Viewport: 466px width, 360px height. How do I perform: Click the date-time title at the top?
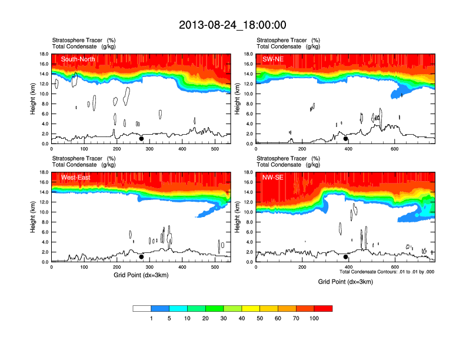tap(232, 25)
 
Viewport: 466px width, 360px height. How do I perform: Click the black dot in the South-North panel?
tap(141, 139)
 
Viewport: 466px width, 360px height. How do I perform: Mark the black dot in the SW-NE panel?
tap(346, 139)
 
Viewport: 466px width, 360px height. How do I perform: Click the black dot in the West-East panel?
tap(141, 257)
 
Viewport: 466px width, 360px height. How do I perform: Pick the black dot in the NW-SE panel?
tap(346, 257)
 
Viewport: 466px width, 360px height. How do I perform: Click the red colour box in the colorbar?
tap(323, 308)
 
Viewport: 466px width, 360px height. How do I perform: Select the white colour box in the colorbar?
tap(142, 308)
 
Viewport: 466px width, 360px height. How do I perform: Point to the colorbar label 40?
tap(242, 318)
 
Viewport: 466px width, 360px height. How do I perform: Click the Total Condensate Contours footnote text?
tap(387, 272)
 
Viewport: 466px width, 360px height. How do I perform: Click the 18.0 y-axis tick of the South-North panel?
tap(44, 54)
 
